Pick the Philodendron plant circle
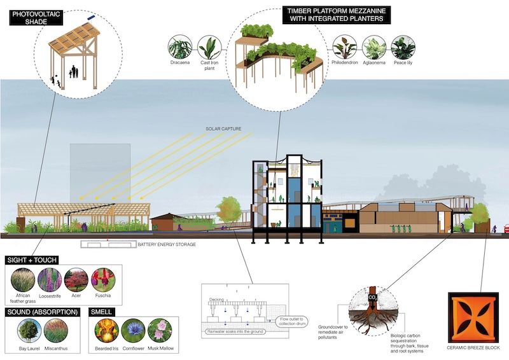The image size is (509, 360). coord(346,48)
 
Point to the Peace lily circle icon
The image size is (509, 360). coord(403,48)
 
